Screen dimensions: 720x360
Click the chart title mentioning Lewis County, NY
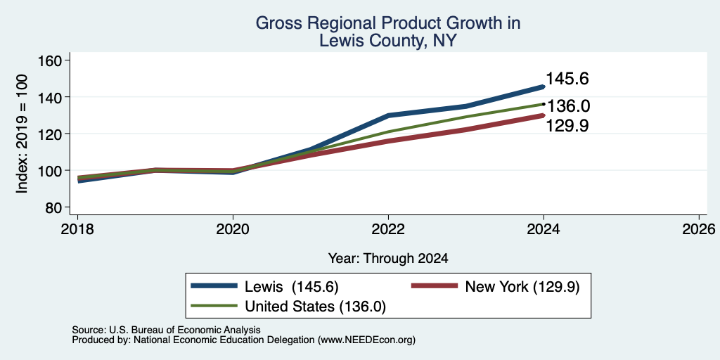coord(388,32)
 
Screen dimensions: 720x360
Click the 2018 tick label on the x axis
coord(77,229)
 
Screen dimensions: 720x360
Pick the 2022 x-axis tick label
coord(388,229)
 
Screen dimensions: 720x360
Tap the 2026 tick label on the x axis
coord(700,229)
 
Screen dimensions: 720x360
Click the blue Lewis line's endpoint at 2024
coord(544,86)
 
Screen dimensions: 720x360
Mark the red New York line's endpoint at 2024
coord(544,115)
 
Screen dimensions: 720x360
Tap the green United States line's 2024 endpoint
coord(544,104)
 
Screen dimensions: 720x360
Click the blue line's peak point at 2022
coord(388,115)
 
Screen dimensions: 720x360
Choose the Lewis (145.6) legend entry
coord(264,287)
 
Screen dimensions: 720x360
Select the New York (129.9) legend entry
coord(495,287)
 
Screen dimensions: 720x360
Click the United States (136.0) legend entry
coord(288,307)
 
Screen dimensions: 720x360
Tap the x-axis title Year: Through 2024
coord(388,259)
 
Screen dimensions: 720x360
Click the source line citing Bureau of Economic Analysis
coord(166,330)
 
